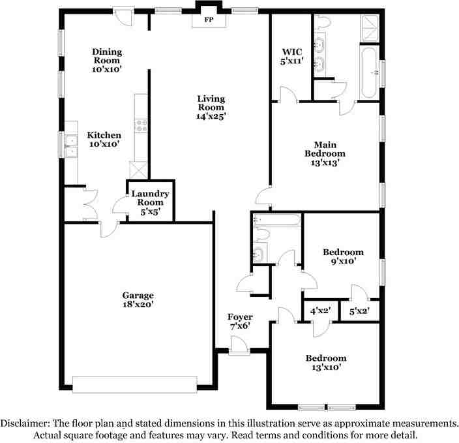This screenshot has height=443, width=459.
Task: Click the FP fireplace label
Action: pos(209,20)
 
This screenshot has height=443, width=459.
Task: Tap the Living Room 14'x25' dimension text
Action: pos(211,116)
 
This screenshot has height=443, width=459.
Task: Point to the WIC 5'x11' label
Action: pos(291,57)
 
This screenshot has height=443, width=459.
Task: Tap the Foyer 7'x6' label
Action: pos(240,321)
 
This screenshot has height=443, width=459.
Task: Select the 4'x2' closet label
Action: pos(321,311)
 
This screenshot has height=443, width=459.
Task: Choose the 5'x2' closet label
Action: pos(359,311)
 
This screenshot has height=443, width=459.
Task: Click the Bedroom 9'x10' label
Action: pos(344,256)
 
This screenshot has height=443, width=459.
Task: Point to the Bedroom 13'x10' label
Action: pos(326,363)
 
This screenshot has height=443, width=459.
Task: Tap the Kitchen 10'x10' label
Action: pos(104,140)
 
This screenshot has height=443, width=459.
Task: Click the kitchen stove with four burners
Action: pos(141,126)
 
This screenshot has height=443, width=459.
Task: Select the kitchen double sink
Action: pos(71,146)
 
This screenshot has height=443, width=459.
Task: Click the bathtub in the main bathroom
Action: pos(370,72)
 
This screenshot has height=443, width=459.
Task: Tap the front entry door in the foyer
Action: pos(239,346)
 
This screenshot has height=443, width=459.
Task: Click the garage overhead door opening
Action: pos(135,385)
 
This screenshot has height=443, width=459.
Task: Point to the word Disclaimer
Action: pos(24,423)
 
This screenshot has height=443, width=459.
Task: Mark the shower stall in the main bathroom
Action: pos(370,28)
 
